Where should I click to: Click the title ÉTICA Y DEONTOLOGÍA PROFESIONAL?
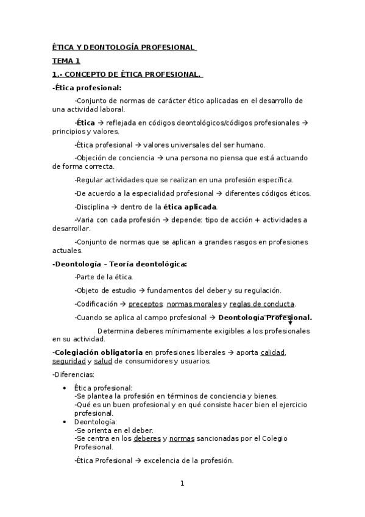[124, 47]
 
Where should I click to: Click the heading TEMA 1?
[66, 61]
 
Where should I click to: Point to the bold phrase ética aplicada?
[190, 207]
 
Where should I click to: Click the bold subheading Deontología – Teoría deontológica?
[121, 264]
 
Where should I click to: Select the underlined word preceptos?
[146, 304]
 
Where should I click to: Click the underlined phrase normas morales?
[194, 304]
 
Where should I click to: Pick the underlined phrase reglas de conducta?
[262, 304]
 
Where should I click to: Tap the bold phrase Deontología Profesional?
[264, 317]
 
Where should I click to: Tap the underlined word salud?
[103, 361]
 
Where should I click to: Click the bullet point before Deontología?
[65, 422]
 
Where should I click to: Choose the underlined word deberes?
[147, 438]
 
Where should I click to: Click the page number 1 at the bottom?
[182, 483]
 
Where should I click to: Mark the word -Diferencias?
[73, 374]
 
